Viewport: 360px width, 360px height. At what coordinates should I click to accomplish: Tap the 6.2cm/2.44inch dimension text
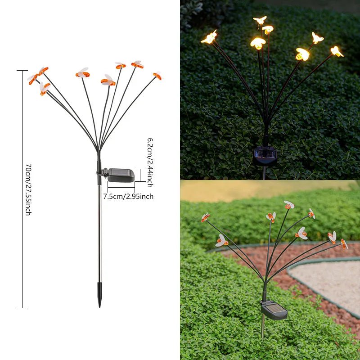pyautogui.click(x=150, y=162)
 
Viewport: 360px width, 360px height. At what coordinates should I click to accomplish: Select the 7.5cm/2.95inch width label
pyautogui.click(x=128, y=196)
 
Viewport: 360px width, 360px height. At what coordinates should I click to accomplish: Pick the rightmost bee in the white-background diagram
pyautogui.click(x=157, y=75)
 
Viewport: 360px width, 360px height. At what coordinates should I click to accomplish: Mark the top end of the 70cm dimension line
pyautogui.click(x=22, y=71)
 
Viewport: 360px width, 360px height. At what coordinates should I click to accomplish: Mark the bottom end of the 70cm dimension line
pyautogui.click(x=22, y=308)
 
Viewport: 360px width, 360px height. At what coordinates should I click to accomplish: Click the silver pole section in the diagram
pyautogui.click(x=99, y=234)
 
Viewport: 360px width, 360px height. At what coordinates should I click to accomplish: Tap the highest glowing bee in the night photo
pyautogui.click(x=260, y=20)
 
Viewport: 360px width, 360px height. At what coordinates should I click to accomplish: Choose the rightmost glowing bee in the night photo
pyautogui.click(x=337, y=51)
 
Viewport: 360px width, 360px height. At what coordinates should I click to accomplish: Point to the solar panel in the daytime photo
pyautogui.click(x=274, y=310)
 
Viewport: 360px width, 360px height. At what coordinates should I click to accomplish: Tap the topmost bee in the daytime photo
pyautogui.click(x=288, y=205)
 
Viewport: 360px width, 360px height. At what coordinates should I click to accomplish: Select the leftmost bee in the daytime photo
pyautogui.click(x=205, y=218)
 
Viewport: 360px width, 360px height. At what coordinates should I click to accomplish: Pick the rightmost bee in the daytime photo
pyautogui.click(x=344, y=244)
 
